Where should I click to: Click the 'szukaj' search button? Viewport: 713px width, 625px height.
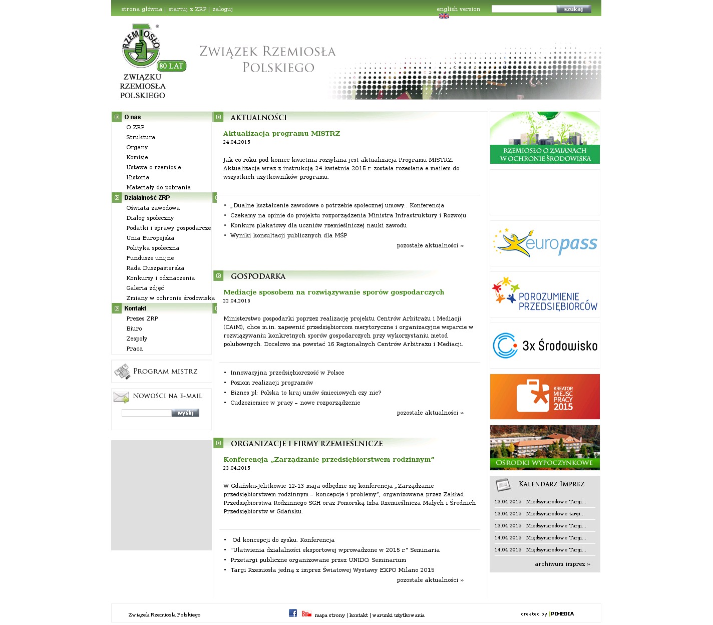tap(573, 9)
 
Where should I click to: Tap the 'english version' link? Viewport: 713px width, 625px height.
tap(458, 9)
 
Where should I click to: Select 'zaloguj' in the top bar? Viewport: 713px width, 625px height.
tap(222, 9)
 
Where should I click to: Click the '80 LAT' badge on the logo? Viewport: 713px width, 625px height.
tap(171, 66)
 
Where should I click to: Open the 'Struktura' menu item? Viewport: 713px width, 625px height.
tap(141, 137)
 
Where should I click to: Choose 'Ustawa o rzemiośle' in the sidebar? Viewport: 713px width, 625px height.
tap(154, 167)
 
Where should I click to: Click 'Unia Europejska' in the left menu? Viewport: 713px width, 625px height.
tap(150, 238)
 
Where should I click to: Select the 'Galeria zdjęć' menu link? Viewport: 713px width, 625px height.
tap(145, 288)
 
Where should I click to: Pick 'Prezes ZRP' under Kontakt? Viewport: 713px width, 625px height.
tap(142, 319)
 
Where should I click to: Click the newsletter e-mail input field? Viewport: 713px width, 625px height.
tap(146, 413)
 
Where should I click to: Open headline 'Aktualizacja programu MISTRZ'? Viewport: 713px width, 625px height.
tap(281, 134)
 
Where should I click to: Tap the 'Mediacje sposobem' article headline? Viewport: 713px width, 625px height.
tap(333, 292)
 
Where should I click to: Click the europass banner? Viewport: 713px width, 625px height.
tap(545, 243)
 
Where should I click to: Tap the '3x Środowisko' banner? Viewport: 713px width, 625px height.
tap(545, 346)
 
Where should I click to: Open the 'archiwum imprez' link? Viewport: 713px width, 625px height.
tap(562, 564)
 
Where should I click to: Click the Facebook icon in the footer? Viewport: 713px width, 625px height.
tap(293, 613)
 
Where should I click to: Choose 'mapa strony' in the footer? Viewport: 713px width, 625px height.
tap(329, 615)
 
